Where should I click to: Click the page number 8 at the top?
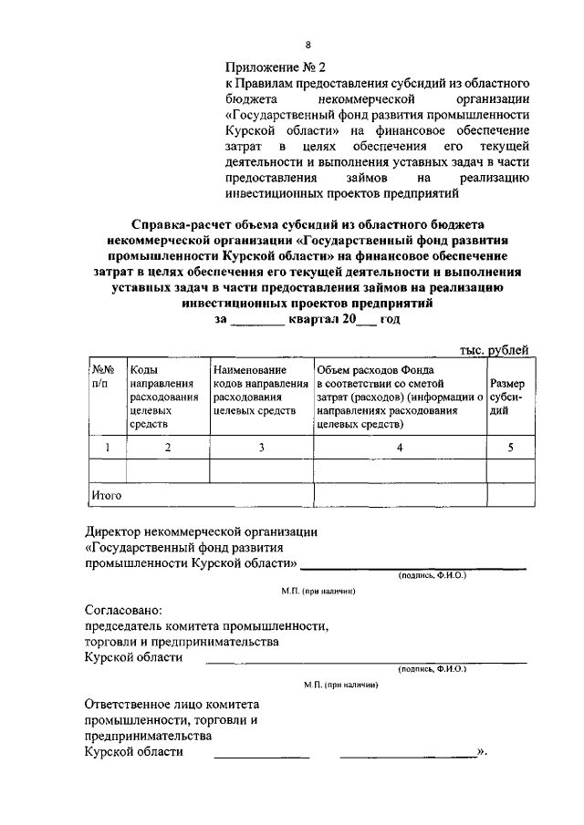coord(308,44)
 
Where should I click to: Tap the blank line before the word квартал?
coord(257,320)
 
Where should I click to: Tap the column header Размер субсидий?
coord(507,397)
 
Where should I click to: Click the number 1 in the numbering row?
coord(108,447)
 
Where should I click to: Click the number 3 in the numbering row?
coord(261,447)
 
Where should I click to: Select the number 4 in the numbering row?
coord(400,447)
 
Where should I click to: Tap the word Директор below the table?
coord(115,531)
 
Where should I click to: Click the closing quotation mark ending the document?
coord(483,752)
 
